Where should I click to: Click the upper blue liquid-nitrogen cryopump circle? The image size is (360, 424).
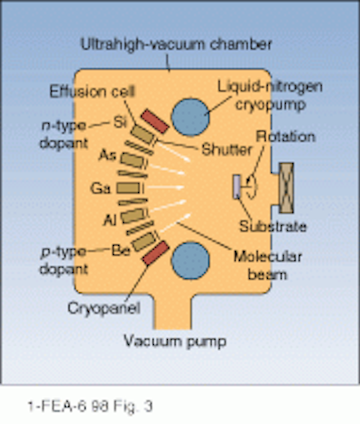coord(190,117)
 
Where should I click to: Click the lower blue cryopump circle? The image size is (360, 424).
coord(190,260)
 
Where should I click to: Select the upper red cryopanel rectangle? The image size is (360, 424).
coord(154,121)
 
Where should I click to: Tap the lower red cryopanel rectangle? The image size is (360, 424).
coord(155,253)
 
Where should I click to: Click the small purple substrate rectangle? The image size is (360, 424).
coord(237,187)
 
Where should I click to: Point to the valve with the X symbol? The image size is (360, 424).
coord(286,188)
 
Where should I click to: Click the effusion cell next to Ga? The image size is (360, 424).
coord(129,188)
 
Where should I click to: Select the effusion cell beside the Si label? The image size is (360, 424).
coord(142,134)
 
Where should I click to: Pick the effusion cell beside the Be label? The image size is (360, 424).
coord(144,241)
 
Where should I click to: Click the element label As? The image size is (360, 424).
coord(107,155)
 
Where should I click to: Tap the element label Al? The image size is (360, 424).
coord(110,220)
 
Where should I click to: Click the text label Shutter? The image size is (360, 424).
coord(227,150)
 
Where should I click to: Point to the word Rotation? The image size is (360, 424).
coord(286,136)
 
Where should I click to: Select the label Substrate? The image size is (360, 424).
coord(273,227)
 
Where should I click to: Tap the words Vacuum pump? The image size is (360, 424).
coord(175,342)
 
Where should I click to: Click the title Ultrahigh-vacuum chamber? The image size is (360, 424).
coord(176,44)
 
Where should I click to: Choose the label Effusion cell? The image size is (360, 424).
coord(92,91)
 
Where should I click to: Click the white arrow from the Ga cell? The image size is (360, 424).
coord(166,187)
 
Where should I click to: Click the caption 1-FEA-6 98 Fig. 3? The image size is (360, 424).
coord(90,406)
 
